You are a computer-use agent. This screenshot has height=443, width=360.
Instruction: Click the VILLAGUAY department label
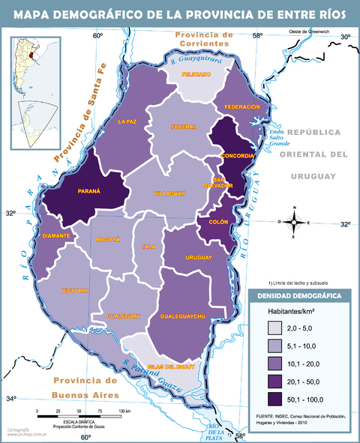pos(169,193)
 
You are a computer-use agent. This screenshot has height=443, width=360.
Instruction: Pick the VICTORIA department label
pos(75,290)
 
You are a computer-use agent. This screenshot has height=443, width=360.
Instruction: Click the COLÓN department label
pos(218,222)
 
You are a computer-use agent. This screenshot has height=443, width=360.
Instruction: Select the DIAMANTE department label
pos(56,235)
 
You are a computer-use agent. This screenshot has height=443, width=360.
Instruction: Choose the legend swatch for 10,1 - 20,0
pos(277,362)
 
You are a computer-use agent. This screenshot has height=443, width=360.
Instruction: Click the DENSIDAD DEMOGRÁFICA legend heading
pos(300,296)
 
